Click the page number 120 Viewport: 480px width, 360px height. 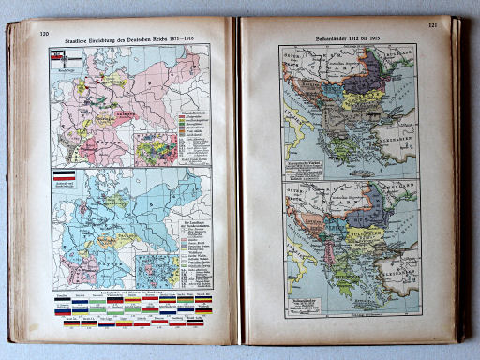(43, 34)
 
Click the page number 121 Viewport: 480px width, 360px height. (432, 27)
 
